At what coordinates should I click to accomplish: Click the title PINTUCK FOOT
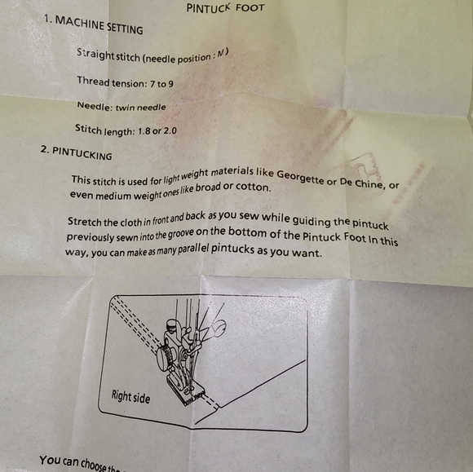point(225,8)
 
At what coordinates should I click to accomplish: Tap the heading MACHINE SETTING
point(99,25)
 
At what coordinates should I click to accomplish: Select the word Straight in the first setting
point(95,54)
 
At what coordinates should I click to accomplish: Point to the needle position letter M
point(222,53)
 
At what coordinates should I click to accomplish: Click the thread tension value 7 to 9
point(161,83)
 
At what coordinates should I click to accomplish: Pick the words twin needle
point(140,107)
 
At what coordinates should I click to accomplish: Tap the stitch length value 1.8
point(144,131)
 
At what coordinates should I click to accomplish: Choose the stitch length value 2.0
point(170,131)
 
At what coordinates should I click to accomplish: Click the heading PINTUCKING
point(82,153)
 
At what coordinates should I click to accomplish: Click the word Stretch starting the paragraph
point(84,222)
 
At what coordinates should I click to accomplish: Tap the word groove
point(181,234)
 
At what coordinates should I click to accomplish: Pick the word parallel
point(193,249)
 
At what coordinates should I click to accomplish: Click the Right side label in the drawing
point(130,396)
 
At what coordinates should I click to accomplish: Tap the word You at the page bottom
point(50,461)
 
